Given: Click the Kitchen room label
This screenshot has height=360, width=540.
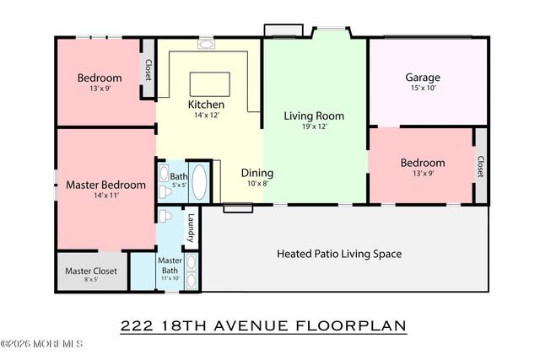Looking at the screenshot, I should coord(206,105).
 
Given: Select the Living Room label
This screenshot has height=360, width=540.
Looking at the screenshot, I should coord(314,116).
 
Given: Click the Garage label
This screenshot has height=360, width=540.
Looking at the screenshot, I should coord(422,78).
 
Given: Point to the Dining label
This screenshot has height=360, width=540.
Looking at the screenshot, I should coord(256,172).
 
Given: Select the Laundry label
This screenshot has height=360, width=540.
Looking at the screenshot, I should coord(192,225).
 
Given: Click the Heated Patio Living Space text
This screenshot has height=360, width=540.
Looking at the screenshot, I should coord(339,253).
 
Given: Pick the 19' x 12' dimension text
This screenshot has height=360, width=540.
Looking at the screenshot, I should coord(314,127).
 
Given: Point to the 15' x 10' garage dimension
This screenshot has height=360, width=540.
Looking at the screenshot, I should coord(422,89).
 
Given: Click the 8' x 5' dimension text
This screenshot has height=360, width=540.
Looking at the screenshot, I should coord(90,280).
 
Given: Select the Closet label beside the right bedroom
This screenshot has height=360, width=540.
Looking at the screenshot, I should coord(480,167).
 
